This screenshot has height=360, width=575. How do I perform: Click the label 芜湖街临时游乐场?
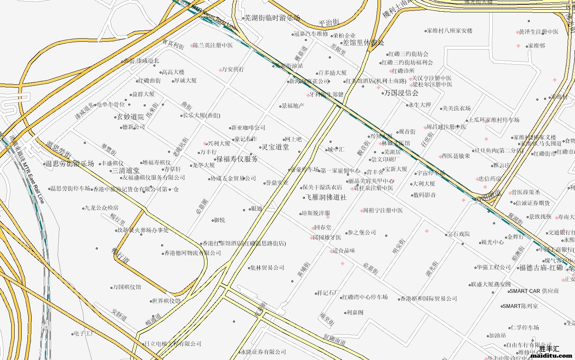[x=273, y=18]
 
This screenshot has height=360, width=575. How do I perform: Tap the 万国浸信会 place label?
[x=401, y=93]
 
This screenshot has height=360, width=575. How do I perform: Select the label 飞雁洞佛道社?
[x=326, y=198]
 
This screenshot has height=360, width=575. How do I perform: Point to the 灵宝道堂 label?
[x=275, y=147]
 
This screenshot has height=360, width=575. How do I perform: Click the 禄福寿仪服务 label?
[x=237, y=159]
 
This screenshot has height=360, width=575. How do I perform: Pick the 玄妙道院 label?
[x=130, y=117]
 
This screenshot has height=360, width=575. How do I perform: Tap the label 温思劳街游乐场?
[x=70, y=164]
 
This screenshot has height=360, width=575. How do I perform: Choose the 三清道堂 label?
[x=126, y=171]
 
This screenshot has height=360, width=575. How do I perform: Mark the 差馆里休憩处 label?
[x=364, y=43]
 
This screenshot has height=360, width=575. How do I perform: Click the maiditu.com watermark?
[x=551, y=355]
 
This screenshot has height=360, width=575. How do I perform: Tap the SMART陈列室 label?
[x=520, y=306]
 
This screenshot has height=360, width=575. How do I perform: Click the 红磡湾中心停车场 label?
[x=365, y=297]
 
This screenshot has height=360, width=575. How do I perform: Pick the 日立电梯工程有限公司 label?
[x=173, y=344]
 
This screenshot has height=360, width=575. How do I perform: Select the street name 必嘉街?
[x=371, y=268]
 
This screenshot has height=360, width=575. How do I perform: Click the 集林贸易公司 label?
[x=267, y=268]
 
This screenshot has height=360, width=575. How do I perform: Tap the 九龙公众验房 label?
[x=102, y=208]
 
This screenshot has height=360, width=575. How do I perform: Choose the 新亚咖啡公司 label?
[x=248, y=128]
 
